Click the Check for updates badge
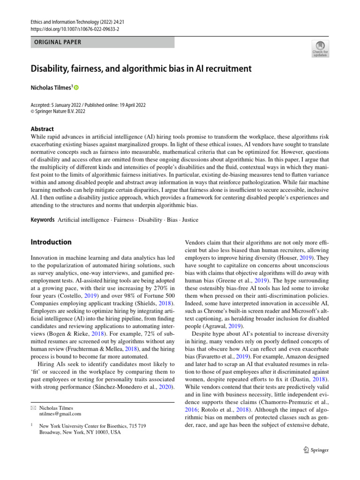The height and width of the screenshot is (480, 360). [x=320, y=49]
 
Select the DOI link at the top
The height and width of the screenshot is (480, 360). [x=75, y=28]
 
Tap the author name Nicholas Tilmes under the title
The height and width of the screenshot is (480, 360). [x=51, y=88]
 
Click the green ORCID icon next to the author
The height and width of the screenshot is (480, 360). [x=76, y=88]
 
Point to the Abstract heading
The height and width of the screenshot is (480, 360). [x=42, y=129]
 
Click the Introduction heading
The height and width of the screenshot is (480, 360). [x=51, y=242]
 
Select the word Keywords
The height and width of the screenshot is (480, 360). [x=43, y=220]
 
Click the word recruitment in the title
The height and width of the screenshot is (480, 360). [x=226, y=69]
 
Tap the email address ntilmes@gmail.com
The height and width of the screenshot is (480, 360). [x=60, y=414]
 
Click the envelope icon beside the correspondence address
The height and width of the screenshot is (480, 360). [x=33, y=408]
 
